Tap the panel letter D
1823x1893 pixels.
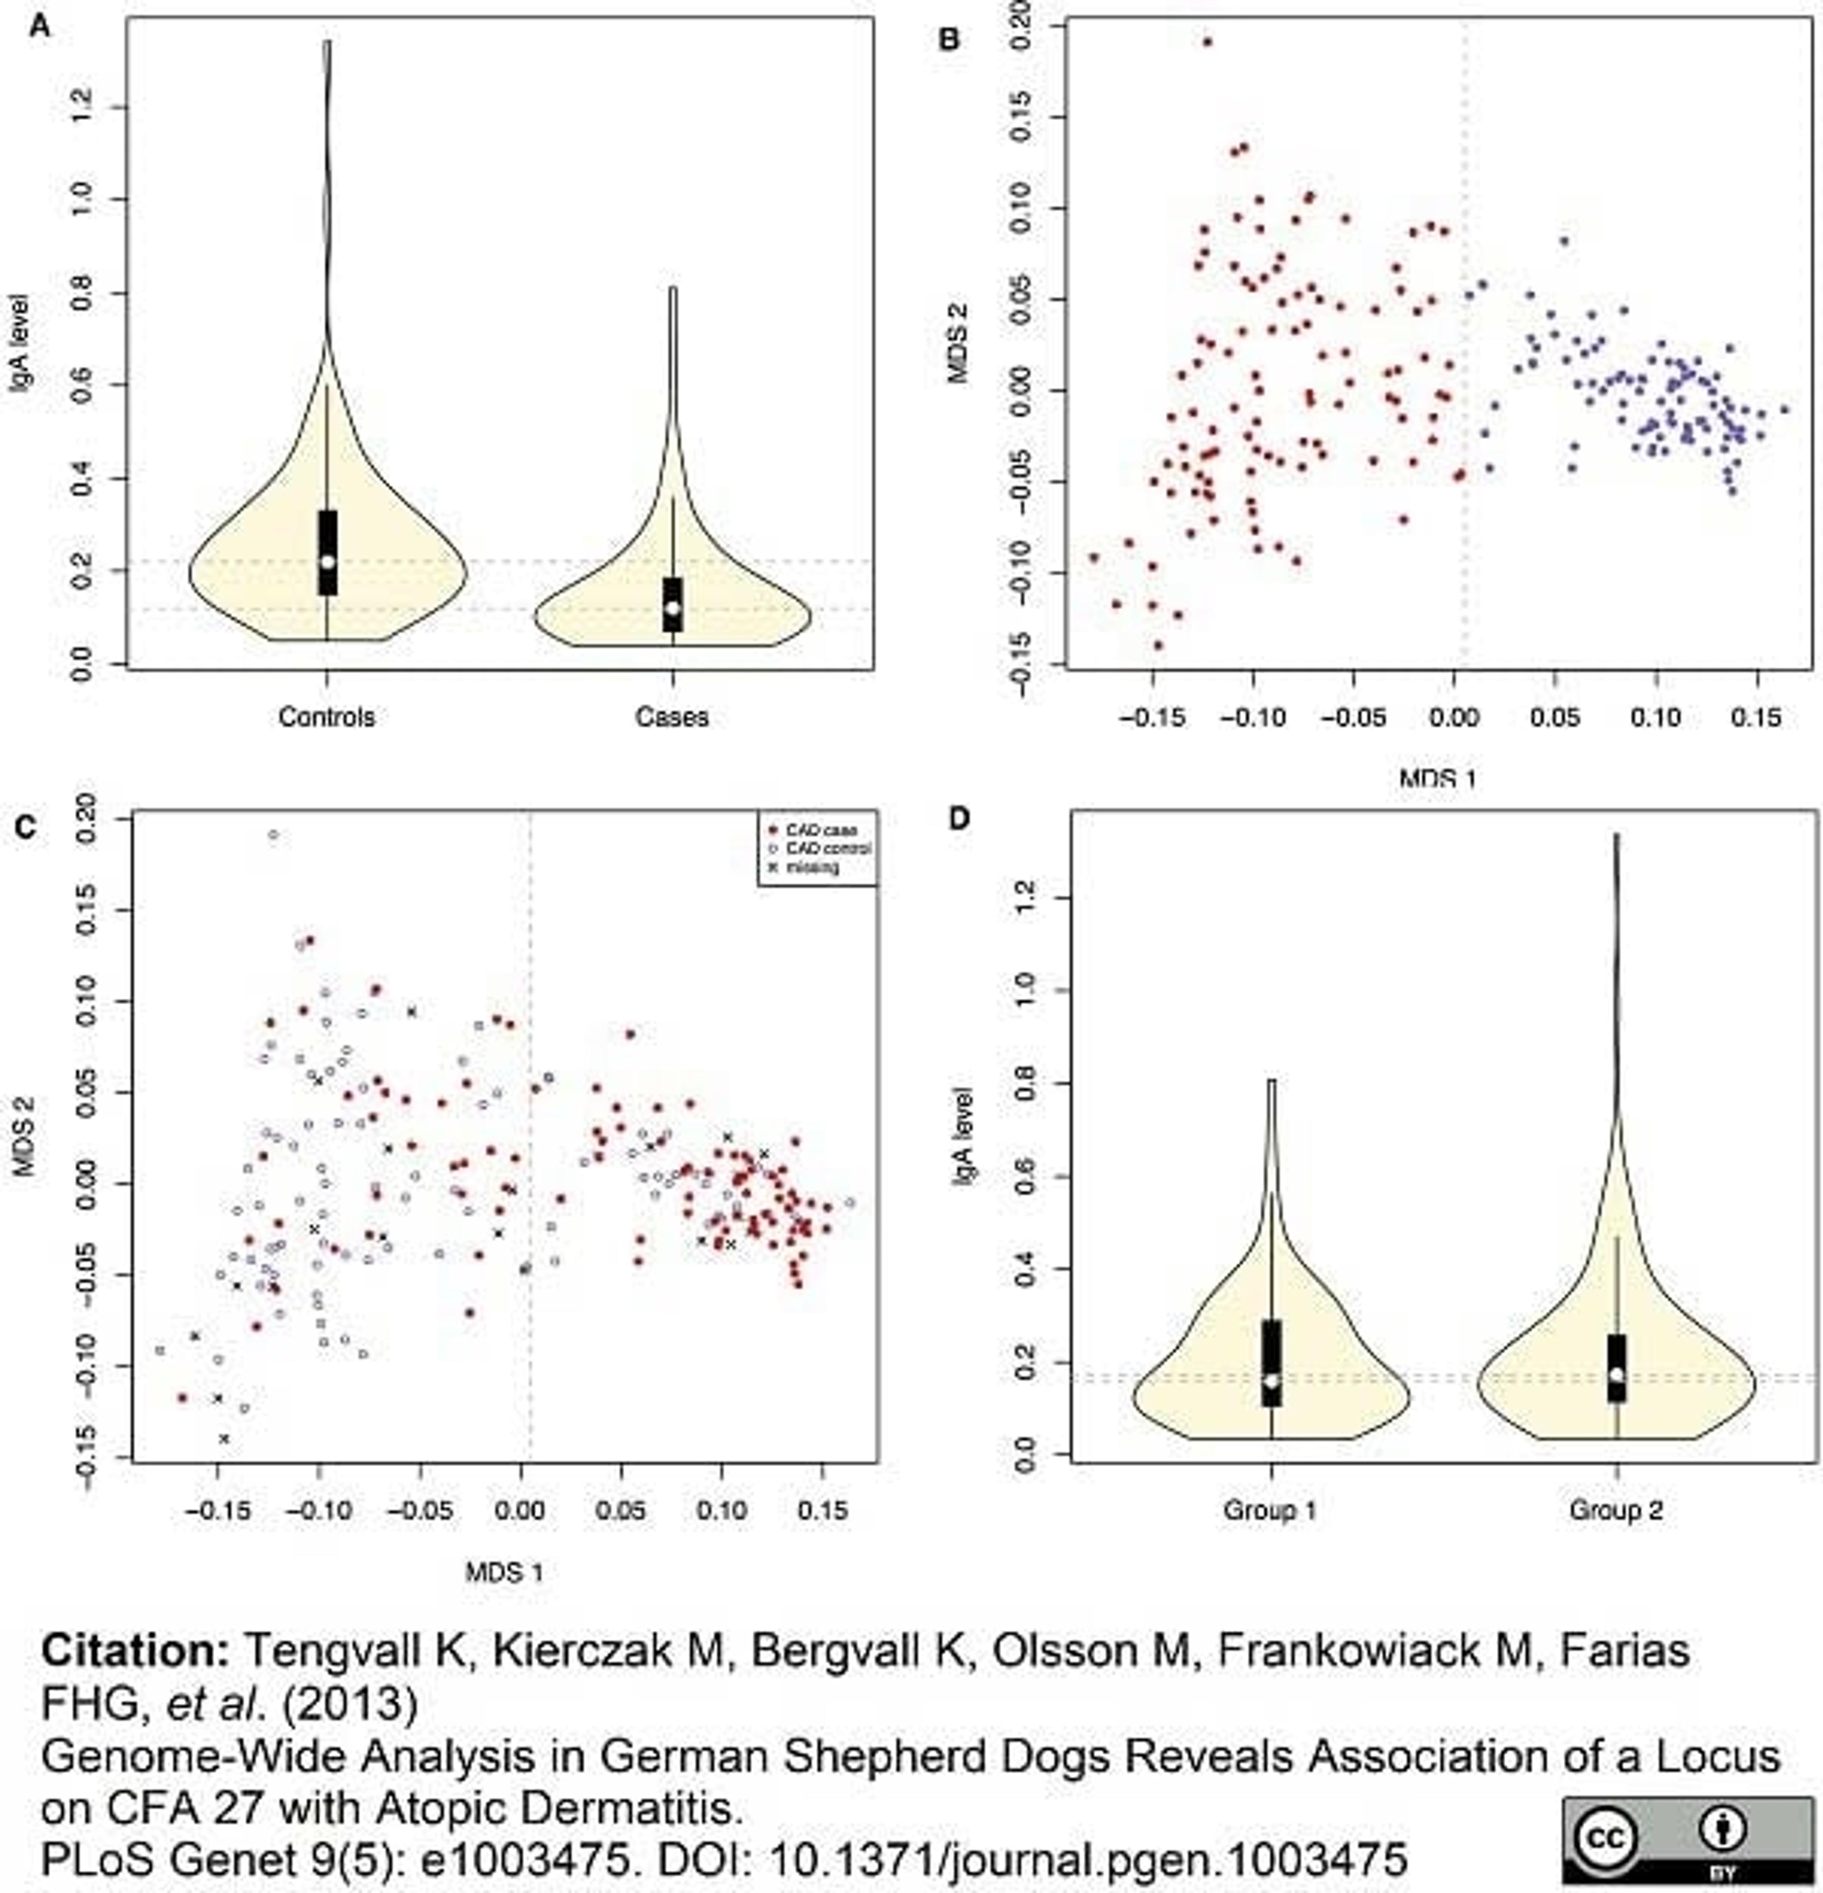click(x=959, y=819)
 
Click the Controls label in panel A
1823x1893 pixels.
click(x=326, y=716)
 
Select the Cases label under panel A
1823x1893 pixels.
click(x=672, y=716)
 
